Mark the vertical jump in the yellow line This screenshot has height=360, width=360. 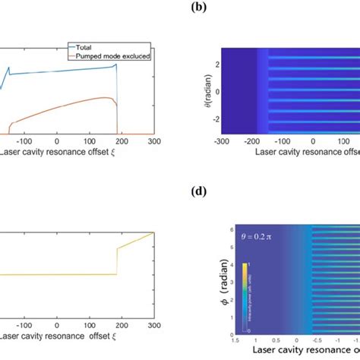pyautogui.click(x=116, y=262)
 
